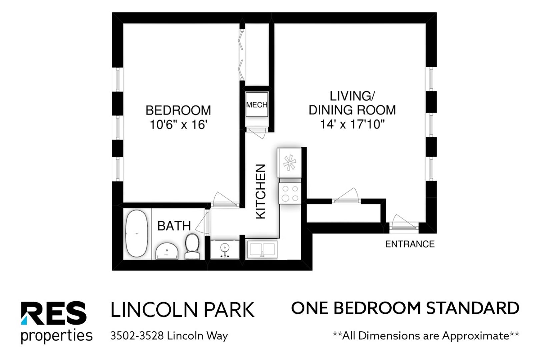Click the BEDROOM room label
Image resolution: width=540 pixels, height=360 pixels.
click(x=178, y=110)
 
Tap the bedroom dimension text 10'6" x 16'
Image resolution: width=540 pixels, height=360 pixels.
click(x=178, y=125)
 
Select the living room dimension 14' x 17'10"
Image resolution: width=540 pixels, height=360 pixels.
click(x=352, y=124)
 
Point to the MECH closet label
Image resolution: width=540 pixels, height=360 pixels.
click(x=257, y=105)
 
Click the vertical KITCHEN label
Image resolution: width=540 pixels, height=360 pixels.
click(x=261, y=192)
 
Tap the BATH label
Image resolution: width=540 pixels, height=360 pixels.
click(x=174, y=226)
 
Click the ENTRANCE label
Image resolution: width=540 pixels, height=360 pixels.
click(x=410, y=244)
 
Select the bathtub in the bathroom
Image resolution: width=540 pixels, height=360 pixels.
click(x=137, y=234)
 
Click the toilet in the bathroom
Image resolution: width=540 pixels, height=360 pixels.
click(x=192, y=246)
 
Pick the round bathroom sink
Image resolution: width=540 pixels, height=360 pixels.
click(x=167, y=251)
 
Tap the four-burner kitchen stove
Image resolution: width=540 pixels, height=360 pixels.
click(x=290, y=193)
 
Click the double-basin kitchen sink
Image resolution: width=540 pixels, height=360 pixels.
click(x=262, y=249)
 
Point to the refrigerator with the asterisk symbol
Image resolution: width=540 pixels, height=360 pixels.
click(x=289, y=163)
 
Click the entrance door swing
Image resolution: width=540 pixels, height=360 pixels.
click(x=404, y=222)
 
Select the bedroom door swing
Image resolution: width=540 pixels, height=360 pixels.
click(x=225, y=200)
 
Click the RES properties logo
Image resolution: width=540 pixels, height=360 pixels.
click(x=56, y=322)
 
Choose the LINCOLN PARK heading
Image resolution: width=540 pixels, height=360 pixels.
click(x=182, y=310)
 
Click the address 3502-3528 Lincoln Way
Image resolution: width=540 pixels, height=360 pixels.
click(x=169, y=336)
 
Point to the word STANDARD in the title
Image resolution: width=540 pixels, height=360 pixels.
click(x=473, y=308)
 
